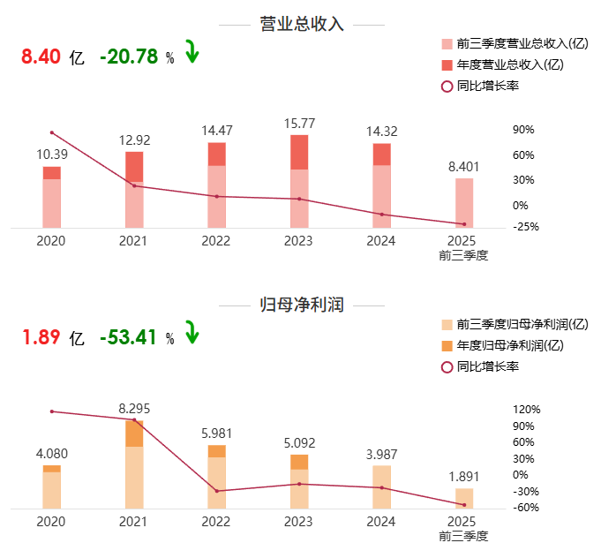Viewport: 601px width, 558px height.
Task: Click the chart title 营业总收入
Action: click(301, 24)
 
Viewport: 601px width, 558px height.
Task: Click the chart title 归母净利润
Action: click(301, 305)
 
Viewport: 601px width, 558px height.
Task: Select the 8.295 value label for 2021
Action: click(134, 408)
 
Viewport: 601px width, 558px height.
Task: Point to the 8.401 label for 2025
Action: click(463, 166)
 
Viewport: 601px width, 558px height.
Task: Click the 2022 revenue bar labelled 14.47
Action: click(217, 185)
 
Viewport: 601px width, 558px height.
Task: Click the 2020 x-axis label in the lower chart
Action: click(51, 522)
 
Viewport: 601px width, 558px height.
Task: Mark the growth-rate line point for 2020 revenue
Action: click(52, 132)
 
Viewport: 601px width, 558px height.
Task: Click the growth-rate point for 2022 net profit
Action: click(217, 491)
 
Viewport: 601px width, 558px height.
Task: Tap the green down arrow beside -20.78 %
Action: click(192, 53)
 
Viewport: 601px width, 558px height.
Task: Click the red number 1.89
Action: click(41, 337)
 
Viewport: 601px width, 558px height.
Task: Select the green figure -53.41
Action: click(129, 337)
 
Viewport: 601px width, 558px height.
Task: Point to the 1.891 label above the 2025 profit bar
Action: click(463, 477)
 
